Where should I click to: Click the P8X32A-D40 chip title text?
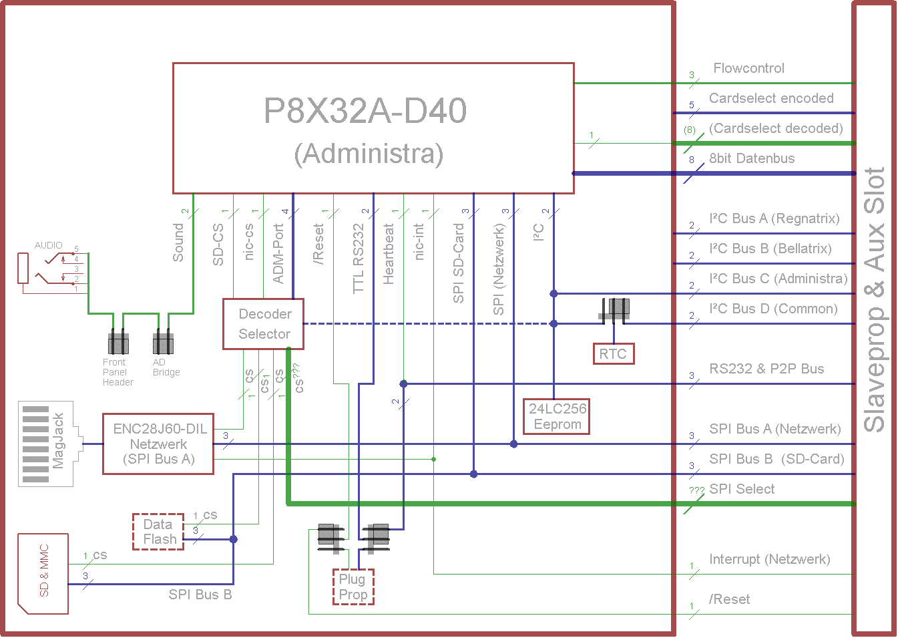(365, 111)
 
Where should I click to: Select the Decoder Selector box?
(263, 324)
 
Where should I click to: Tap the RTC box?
(613, 354)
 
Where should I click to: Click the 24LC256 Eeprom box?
(557, 416)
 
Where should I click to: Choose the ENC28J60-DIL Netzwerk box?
(158, 444)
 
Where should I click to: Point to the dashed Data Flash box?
(159, 532)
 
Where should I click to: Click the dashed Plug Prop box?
(353, 587)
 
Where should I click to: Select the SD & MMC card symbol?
(43, 573)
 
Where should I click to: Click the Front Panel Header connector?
(118, 343)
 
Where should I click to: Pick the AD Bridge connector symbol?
(163, 343)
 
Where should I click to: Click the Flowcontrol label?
(748, 68)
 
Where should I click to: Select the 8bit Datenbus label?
(752, 158)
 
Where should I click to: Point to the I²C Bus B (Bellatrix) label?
(770, 249)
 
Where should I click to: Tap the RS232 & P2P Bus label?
(766, 369)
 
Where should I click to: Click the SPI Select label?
(742, 489)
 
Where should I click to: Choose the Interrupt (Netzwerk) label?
(769, 559)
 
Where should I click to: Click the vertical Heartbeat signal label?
(389, 255)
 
